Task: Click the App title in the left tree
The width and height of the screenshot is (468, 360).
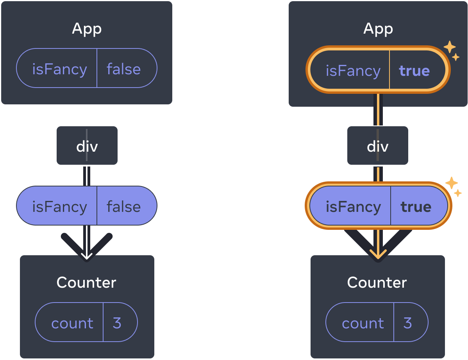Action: point(87,29)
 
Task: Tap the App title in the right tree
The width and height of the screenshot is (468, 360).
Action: point(378,29)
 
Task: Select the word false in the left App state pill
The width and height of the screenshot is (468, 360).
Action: point(123,69)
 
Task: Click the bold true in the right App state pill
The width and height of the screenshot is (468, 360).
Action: point(414,71)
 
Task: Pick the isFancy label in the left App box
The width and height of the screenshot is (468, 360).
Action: point(59,69)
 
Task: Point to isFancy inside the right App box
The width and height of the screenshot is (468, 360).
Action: point(353,71)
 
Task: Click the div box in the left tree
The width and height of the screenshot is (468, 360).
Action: point(87,146)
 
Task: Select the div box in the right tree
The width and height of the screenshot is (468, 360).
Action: point(377,146)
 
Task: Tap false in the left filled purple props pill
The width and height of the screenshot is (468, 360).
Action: point(123,206)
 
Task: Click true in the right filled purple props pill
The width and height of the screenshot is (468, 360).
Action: point(416,206)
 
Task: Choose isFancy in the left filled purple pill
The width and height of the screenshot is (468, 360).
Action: point(59,206)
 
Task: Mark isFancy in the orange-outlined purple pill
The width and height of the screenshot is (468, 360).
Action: point(353,206)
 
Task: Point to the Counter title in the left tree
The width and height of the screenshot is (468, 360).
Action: point(86,282)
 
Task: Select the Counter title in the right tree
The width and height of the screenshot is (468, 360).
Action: point(377,282)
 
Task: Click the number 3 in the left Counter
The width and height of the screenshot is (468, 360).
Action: point(117,323)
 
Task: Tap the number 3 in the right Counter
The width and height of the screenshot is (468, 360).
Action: point(407,323)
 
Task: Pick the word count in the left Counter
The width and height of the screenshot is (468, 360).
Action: point(72,323)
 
